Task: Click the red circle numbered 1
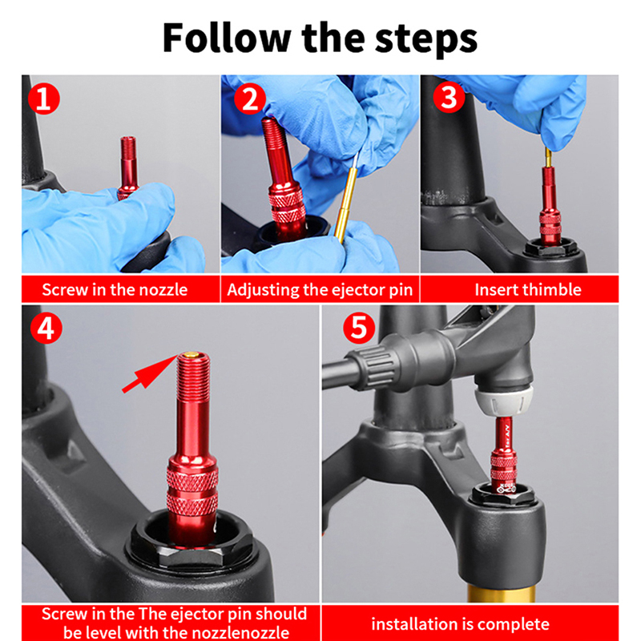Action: coord(44,99)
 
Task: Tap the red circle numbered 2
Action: coord(250,99)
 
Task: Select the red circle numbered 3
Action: coord(449,98)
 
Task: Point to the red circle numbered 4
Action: coord(46,329)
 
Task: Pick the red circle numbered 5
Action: coord(359,328)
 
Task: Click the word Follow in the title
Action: coord(227,38)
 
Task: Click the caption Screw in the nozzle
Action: coord(115,290)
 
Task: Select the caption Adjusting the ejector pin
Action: coord(320,290)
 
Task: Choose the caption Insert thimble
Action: coord(528,290)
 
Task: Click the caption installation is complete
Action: coord(460,624)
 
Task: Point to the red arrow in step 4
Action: coord(150,373)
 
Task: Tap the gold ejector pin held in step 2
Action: coord(346,201)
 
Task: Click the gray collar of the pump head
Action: coord(504,401)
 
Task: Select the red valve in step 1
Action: coord(127,167)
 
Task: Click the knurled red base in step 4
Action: coord(191,490)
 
